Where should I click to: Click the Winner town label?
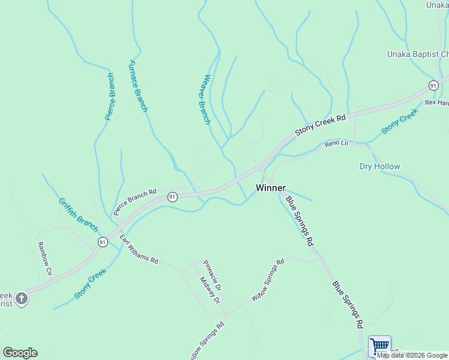pyautogui.click(x=270, y=188)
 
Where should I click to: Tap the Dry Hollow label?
pyautogui.click(x=379, y=166)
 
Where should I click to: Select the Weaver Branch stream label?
pyautogui.click(x=207, y=99)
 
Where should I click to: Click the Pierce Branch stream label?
pyautogui.click(x=110, y=97)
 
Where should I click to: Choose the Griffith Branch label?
pyautogui.click(x=78, y=215)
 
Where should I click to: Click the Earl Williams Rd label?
pyautogui.click(x=138, y=250)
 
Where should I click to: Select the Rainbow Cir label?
pyautogui.click(x=45, y=259)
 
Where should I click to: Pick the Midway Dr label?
pyautogui.click(x=210, y=290)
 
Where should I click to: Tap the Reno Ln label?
pyautogui.click(x=336, y=144)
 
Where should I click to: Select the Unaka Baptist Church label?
pyautogui.click(x=418, y=55)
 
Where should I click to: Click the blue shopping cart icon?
pyautogui.click(x=379, y=346)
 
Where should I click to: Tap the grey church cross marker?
pyautogui.click(x=21, y=299)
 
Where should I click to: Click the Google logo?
pyautogui.click(x=20, y=353)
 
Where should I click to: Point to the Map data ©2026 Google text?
pyautogui.click(x=412, y=355)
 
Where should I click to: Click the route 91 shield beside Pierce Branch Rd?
pyautogui.click(x=172, y=197)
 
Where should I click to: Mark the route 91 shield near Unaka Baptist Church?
pyautogui.click(x=433, y=85)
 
